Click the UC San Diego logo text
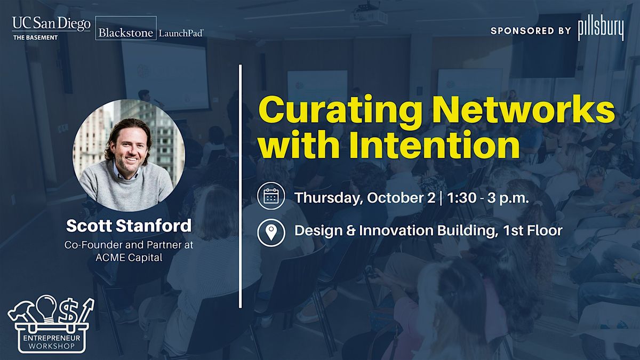[51, 24]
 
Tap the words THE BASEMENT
[35, 37]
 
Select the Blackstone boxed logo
[126, 28]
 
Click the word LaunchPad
[181, 33]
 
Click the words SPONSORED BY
[531, 31]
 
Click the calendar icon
[271, 196]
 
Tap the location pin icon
[271, 233]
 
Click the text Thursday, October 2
[365, 198]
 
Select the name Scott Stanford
[129, 226]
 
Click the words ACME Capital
[129, 258]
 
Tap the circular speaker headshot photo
[129, 156]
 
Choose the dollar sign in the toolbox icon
[69, 311]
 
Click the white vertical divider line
[241, 186]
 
